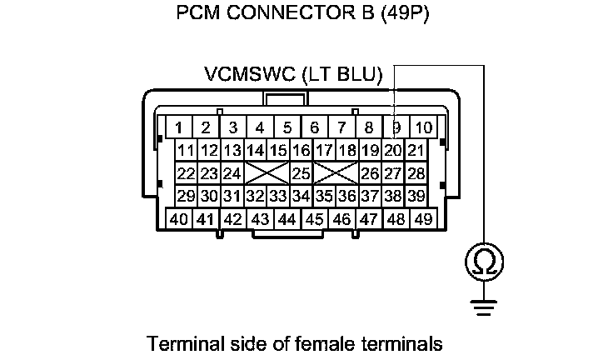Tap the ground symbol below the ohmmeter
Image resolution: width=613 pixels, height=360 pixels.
point(482,307)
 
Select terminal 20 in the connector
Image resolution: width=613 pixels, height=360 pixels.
point(393,151)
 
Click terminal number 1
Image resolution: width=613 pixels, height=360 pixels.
point(178,127)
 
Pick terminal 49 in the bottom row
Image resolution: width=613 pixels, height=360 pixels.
point(423,219)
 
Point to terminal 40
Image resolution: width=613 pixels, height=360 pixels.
point(178,219)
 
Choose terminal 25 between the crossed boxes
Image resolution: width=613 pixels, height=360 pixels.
point(301,173)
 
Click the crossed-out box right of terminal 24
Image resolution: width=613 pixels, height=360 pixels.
point(267,173)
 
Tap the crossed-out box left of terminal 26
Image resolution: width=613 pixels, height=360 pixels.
point(336,173)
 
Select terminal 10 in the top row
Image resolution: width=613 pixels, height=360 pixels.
point(423,127)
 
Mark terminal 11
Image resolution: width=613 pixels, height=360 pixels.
point(187,151)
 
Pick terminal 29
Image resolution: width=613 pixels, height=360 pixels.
point(187,196)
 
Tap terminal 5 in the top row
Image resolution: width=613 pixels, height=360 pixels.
point(287,127)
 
